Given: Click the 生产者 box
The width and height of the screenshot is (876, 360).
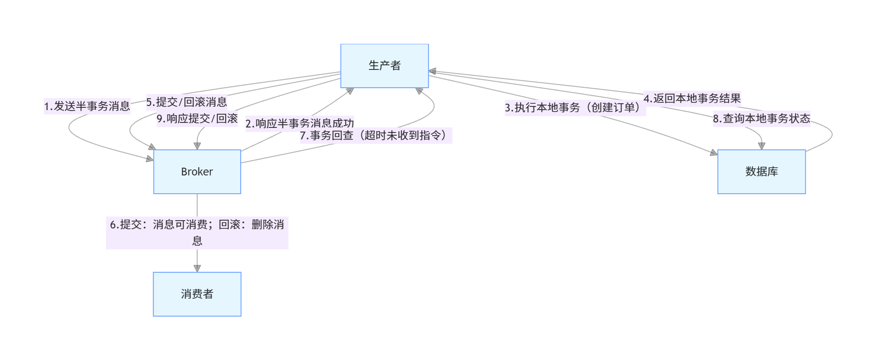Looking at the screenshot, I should click(x=384, y=66).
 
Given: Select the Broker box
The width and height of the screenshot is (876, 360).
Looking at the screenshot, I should click(x=197, y=172).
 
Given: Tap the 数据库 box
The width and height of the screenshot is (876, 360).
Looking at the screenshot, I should click(x=761, y=172).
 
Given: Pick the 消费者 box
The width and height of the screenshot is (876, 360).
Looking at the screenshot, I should click(x=197, y=294).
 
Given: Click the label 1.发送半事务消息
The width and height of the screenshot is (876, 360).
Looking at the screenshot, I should click(x=87, y=106).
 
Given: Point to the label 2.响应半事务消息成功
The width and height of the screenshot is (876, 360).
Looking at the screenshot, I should click(x=300, y=123).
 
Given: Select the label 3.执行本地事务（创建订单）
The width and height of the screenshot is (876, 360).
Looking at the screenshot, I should click(x=575, y=108).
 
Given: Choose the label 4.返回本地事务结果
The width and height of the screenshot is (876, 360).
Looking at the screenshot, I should click(x=692, y=98).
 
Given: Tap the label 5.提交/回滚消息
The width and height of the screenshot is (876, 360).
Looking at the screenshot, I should click(x=186, y=102).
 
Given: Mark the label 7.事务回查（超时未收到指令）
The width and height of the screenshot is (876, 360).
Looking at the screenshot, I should click(x=375, y=136).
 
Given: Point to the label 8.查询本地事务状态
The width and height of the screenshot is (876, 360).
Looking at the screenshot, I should click(x=761, y=119).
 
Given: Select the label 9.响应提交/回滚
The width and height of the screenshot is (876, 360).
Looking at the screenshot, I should click(x=197, y=119).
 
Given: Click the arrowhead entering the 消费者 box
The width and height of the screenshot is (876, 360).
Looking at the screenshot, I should click(x=197, y=268).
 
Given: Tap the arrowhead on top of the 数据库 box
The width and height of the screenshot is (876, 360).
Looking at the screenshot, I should click(x=761, y=146).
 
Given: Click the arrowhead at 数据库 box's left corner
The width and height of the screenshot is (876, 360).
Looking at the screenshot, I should click(x=714, y=153).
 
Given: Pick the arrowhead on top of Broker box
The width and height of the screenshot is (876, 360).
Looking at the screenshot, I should click(x=197, y=146).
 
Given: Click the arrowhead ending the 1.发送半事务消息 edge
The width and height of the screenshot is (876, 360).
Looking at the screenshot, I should click(x=149, y=159).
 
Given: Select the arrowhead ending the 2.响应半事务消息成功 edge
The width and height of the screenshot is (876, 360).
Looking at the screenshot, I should click(x=350, y=91).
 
